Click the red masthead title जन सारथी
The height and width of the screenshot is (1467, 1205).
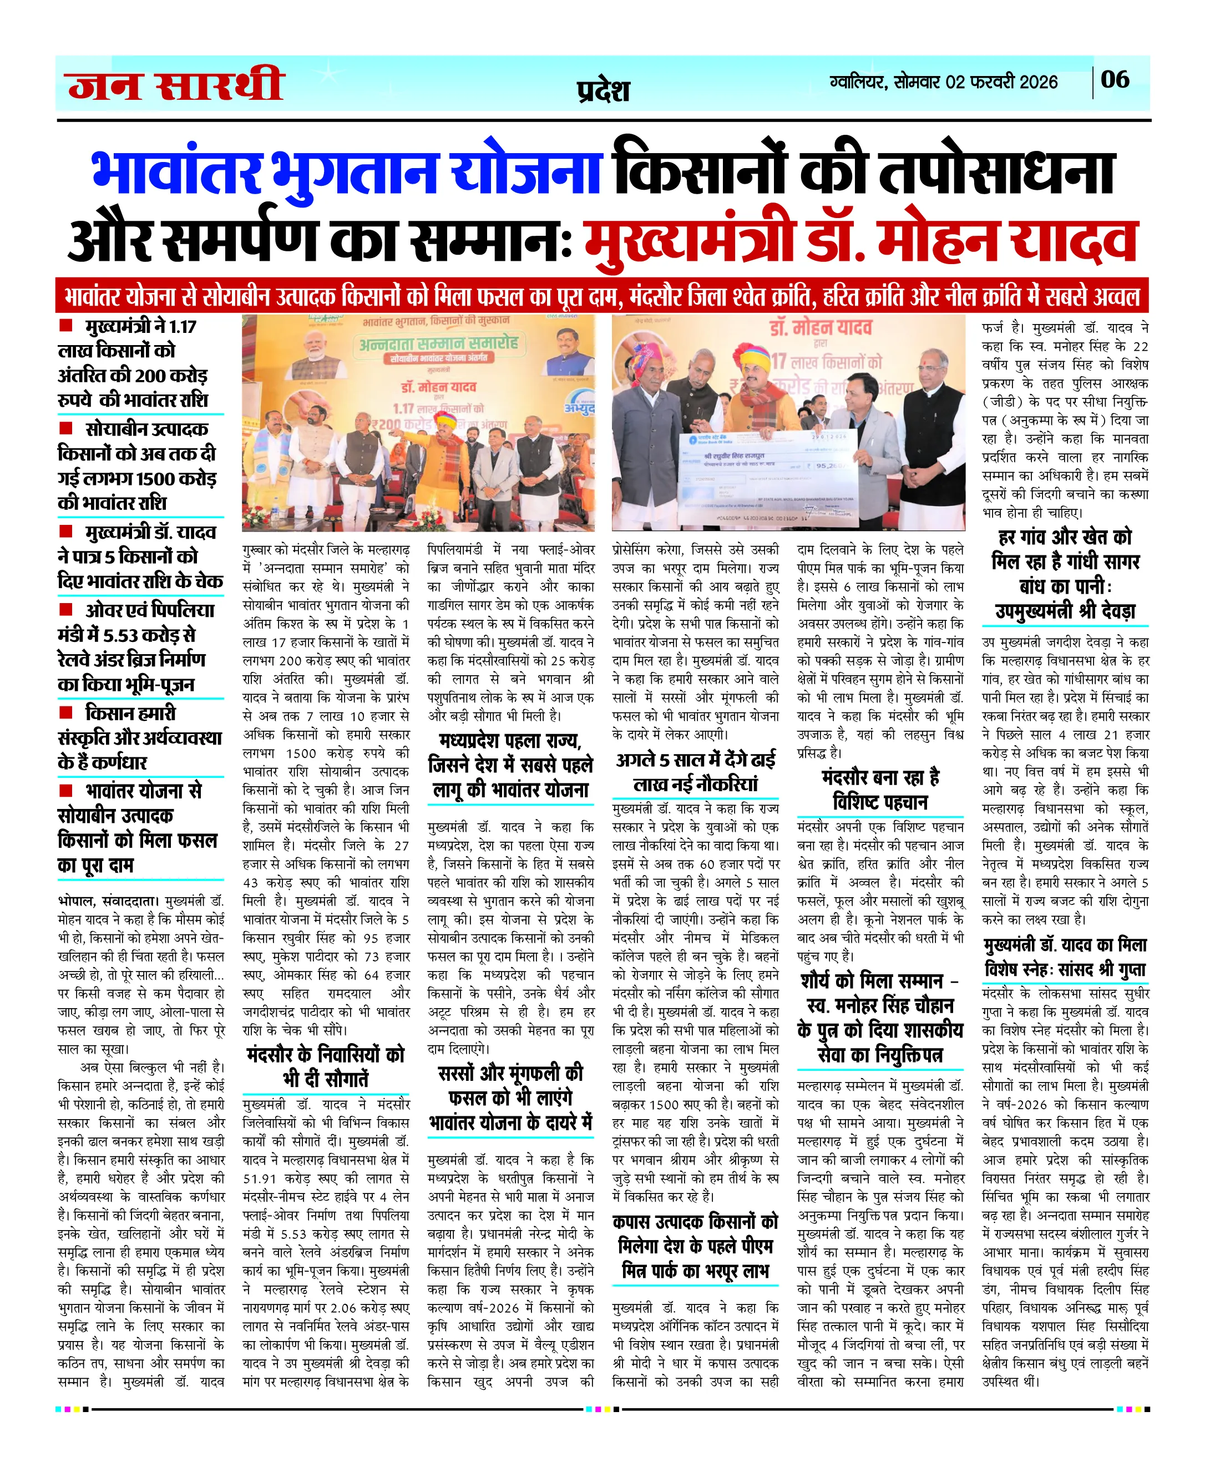176,85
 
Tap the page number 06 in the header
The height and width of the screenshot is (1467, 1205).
1115,80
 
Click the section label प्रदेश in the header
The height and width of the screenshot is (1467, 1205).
603,91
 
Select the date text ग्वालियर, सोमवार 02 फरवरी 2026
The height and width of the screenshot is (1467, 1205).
943,82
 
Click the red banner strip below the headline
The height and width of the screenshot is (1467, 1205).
602,296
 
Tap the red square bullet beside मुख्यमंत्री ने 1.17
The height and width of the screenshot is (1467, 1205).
66,325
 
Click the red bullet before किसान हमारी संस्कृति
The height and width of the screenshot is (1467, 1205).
66,712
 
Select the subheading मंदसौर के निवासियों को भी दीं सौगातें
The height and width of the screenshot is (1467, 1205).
326,1066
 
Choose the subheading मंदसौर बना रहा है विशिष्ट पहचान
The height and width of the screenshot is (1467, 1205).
880,790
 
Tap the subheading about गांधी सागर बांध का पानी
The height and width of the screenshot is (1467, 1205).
1066,574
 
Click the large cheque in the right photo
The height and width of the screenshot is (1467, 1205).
763,467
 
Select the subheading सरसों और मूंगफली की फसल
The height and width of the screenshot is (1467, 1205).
510,1097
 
